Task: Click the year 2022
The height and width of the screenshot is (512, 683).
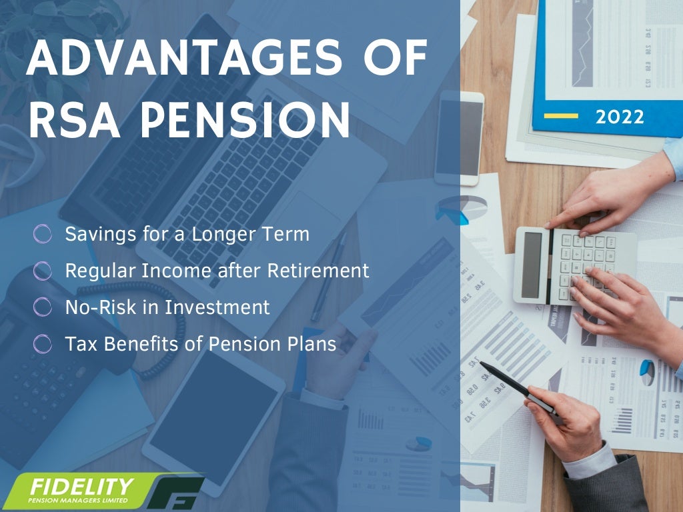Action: (620, 117)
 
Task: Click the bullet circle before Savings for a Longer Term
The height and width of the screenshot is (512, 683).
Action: (42, 234)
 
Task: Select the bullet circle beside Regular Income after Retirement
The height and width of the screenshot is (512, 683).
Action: (42, 271)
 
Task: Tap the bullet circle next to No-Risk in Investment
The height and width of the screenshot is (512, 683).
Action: (42, 307)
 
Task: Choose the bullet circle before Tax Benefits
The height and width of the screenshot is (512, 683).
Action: (42, 344)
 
